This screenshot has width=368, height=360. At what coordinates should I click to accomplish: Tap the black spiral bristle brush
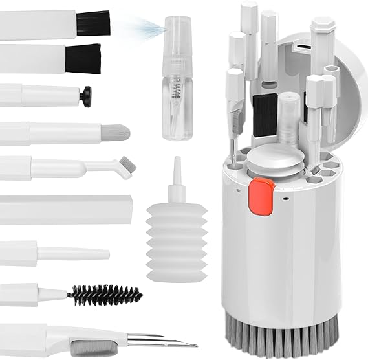click(x=104, y=295)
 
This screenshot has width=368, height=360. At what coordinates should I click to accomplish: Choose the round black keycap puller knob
click(x=85, y=96)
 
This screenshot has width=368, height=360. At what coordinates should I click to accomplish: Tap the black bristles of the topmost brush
click(x=93, y=23)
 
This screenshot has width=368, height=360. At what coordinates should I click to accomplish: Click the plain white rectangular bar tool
click(x=65, y=209)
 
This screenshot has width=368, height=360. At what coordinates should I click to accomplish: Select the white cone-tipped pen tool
click(x=71, y=253)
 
